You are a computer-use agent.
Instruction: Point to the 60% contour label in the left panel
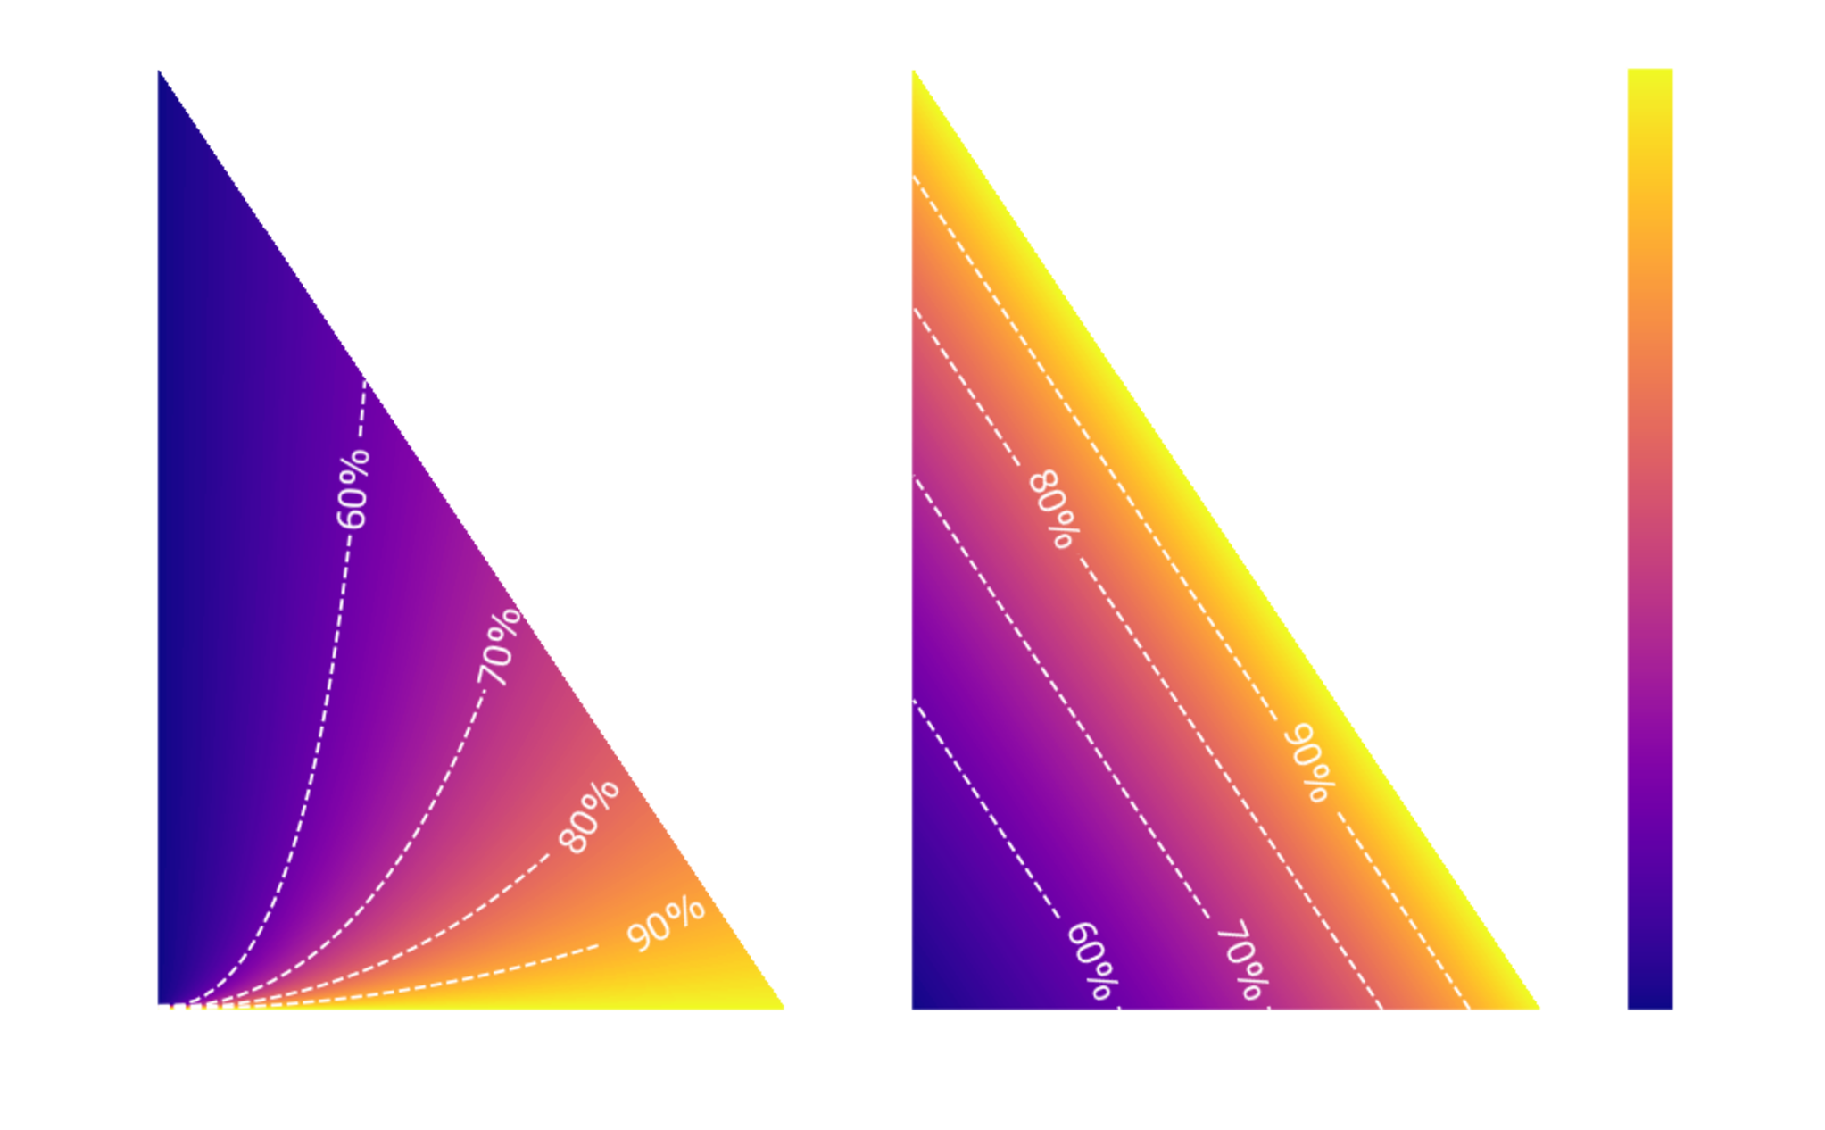pyautogui.click(x=353, y=489)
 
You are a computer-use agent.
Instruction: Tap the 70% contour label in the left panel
pyautogui.click(x=499, y=646)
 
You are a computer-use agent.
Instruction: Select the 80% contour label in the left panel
pyautogui.click(x=588, y=817)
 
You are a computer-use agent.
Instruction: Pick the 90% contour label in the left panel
pyautogui.click(x=666, y=924)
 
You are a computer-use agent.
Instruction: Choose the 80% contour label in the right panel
pyautogui.click(x=1054, y=509)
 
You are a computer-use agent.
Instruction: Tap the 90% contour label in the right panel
pyautogui.click(x=1310, y=762)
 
